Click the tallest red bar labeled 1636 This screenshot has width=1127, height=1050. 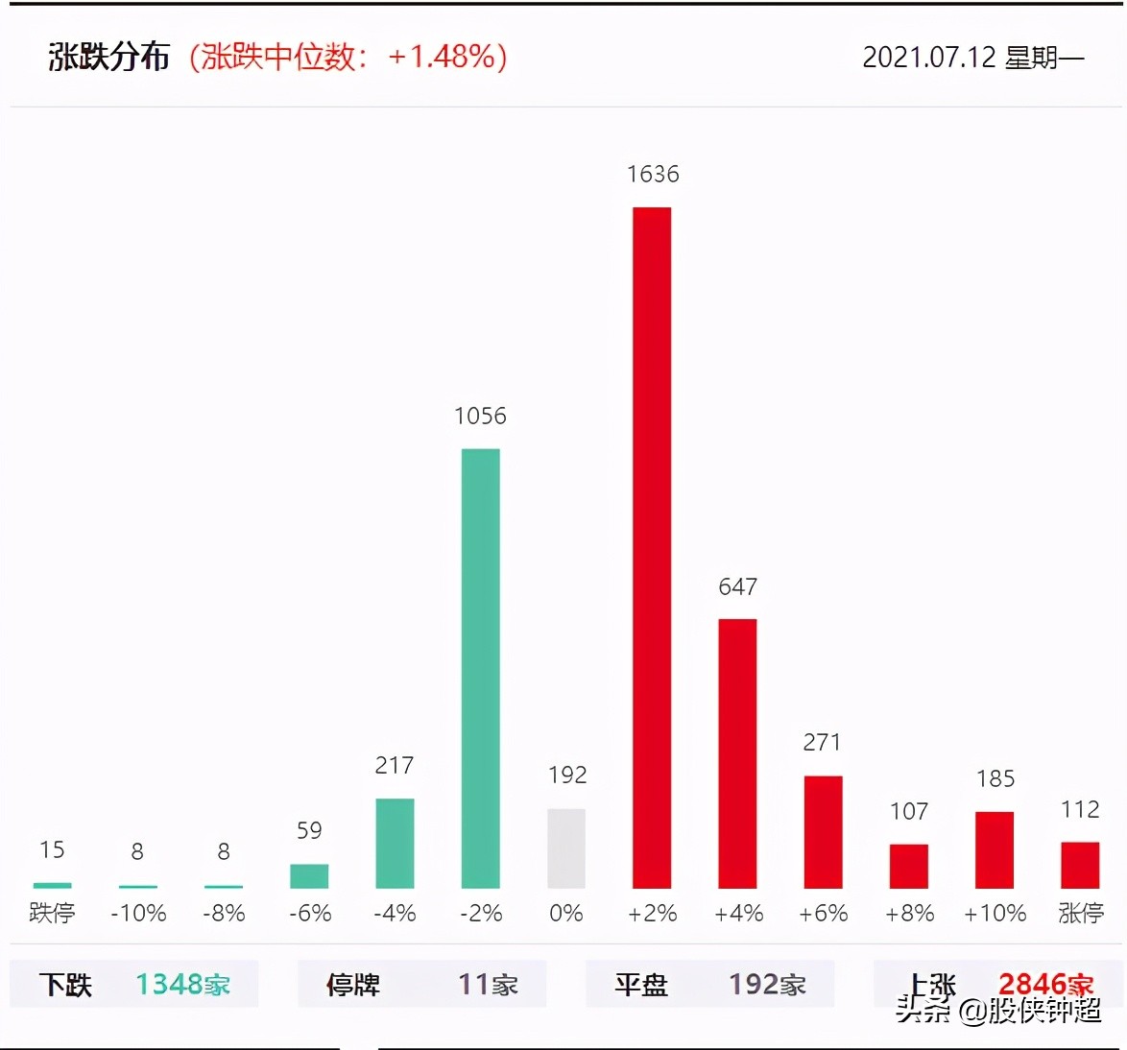[x=652, y=547]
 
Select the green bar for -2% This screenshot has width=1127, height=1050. [x=480, y=668]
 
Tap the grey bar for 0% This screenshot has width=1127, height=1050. [x=566, y=848]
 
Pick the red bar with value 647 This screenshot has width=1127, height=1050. [x=737, y=753]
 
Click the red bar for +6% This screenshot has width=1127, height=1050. [x=823, y=832]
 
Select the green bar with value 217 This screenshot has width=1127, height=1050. [x=395, y=843]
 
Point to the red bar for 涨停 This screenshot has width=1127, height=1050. [x=1080, y=865]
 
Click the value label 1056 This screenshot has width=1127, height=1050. [x=480, y=416]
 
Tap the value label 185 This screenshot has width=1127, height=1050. [x=995, y=778]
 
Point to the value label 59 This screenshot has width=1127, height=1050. [x=309, y=830]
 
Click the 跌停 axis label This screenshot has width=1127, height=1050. [x=52, y=913]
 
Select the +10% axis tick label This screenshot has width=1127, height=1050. [x=995, y=913]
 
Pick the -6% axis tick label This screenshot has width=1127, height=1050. [x=310, y=913]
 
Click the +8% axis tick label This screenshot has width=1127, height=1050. [x=909, y=913]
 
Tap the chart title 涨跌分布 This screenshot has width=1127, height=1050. [x=108, y=58]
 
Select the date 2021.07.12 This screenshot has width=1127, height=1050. [x=929, y=58]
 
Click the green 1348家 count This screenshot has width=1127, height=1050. [x=182, y=985]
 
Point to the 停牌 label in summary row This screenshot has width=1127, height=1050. [x=353, y=985]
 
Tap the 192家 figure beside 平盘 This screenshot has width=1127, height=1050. [x=767, y=985]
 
